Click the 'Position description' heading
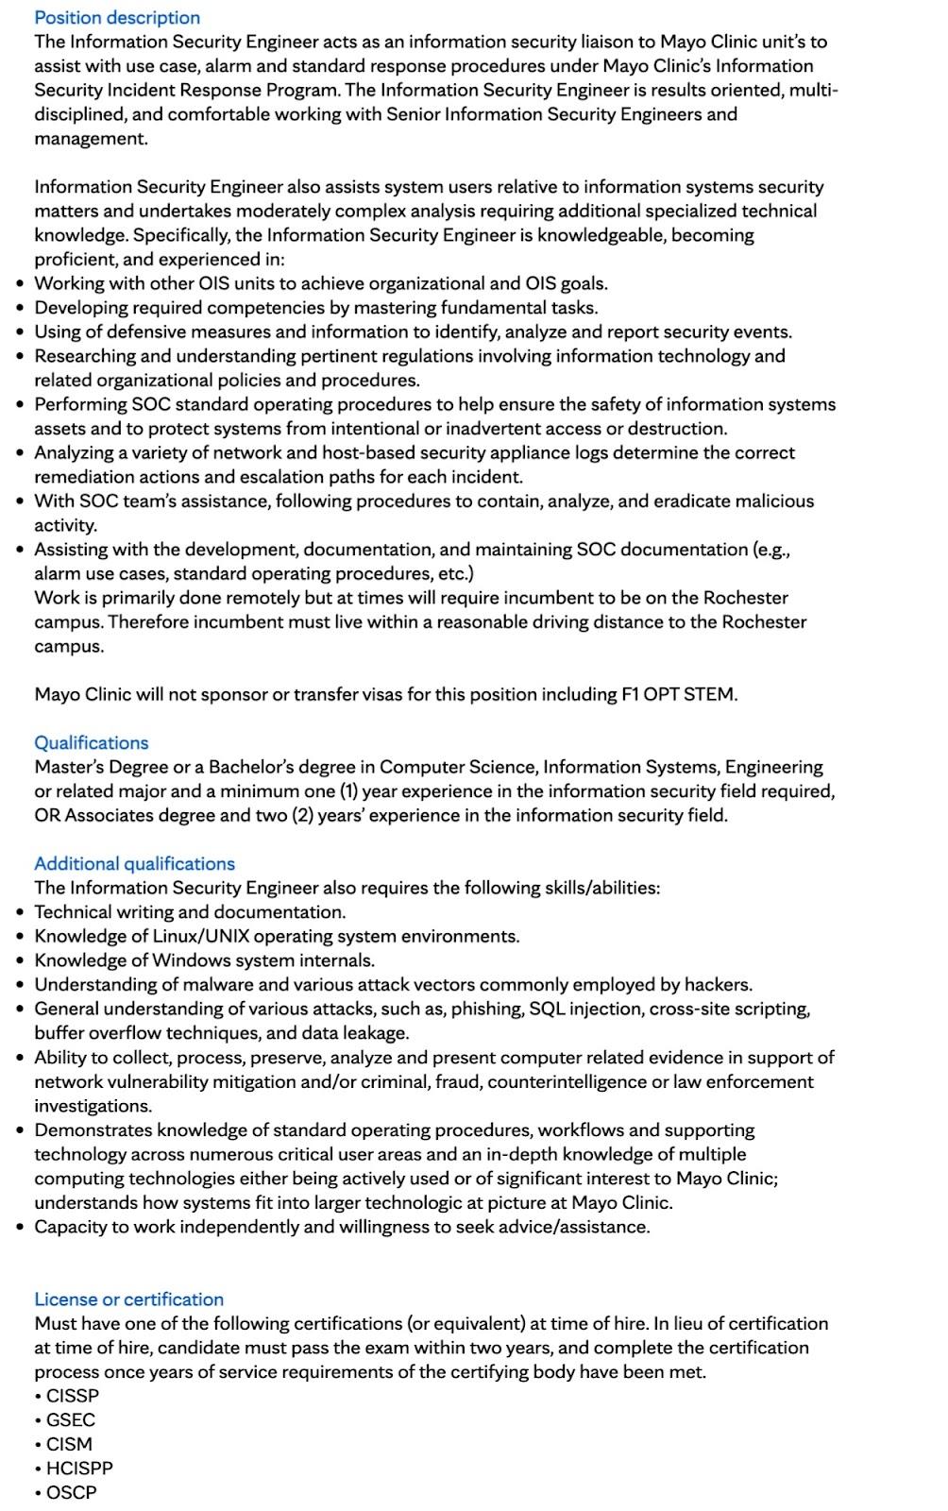[x=117, y=17]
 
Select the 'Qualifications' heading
[x=92, y=742]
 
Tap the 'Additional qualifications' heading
[x=134, y=863]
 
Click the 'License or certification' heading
[x=128, y=1299]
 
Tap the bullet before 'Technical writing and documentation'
[x=21, y=912]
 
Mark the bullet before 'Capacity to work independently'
[x=21, y=1227]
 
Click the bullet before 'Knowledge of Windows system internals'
[x=21, y=960]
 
